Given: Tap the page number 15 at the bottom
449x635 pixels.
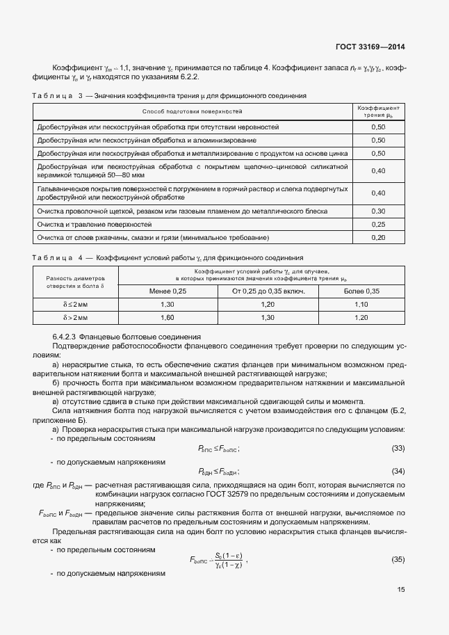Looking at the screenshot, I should click(x=401, y=590).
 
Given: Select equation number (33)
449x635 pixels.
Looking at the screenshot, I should click(x=399, y=449).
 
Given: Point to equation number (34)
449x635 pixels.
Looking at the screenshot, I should click(x=399, y=472).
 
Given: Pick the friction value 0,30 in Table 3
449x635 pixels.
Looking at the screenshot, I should click(x=379, y=211).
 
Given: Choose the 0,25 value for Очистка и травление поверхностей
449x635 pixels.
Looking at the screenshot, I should click(x=379, y=225).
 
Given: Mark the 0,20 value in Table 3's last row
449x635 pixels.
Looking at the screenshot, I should click(x=379, y=238).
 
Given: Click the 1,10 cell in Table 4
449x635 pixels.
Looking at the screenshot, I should click(x=361, y=305).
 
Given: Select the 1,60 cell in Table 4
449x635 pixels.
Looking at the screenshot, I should click(x=168, y=318).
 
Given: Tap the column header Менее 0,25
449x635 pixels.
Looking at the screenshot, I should click(x=168, y=290).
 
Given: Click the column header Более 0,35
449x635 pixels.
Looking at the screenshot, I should click(x=361, y=290).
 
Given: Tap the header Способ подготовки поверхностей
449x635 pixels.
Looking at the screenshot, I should click(x=192, y=111).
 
